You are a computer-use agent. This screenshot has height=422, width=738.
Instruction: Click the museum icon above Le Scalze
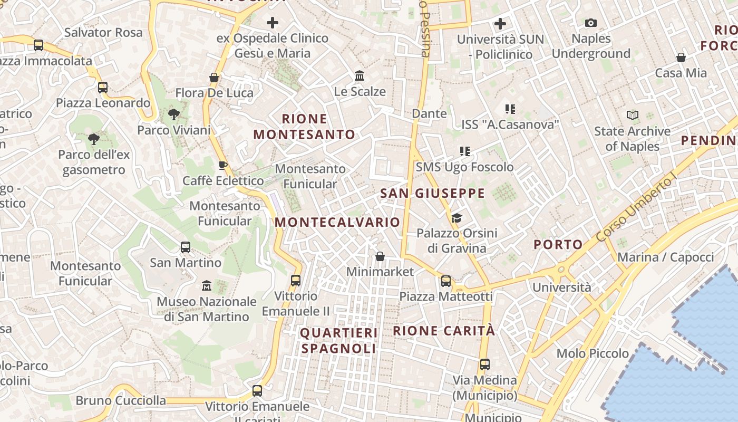360,75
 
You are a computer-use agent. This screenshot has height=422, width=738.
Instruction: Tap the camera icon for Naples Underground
590,23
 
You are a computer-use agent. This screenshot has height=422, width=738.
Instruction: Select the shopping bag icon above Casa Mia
681,57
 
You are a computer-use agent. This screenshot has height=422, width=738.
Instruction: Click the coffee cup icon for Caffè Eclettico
223,165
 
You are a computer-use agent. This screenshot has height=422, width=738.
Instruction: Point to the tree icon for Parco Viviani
173,114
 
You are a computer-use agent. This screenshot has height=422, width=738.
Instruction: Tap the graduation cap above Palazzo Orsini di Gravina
457,217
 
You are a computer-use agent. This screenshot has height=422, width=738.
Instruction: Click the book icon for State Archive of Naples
632,115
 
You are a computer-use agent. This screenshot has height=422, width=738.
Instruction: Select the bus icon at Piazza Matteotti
446,281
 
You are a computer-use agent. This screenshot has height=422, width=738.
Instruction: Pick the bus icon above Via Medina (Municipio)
484,364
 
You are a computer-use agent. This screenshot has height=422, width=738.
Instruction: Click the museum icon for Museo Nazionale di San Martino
207,286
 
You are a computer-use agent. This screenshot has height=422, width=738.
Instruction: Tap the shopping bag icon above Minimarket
380,256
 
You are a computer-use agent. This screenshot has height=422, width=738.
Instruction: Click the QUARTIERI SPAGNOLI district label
339,341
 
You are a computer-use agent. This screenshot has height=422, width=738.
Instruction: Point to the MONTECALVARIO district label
337,222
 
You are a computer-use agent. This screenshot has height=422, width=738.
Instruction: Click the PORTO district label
558,245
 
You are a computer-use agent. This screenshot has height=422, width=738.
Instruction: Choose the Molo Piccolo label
593,353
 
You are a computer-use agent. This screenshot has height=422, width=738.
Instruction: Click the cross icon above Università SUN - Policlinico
500,24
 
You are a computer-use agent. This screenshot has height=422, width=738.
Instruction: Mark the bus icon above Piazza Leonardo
103,87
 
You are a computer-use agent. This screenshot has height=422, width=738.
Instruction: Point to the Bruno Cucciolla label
121,400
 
